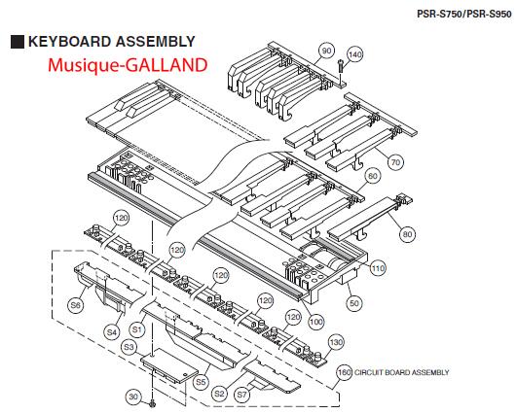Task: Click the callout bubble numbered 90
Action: pyautogui.click(x=326, y=51)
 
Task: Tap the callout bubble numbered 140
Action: pyautogui.click(x=355, y=54)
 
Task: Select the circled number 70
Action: pyautogui.click(x=395, y=162)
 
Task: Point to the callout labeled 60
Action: pyautogui.click(x=373, y=176)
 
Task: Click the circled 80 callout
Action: pyautogui.click(x=408, y=234)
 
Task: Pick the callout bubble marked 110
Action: pyautogui.click(x=378, y=268)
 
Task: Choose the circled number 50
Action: pyautogui.click(x=353, y=303)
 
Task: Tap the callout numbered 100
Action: pyautogui.click(x=316, y=322)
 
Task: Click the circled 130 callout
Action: pyautogui.click(x=336, y=342)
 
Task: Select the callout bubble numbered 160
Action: pyautogui.click(x=345, y=372)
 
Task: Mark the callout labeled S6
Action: pyautogui.click(x=76, y=305)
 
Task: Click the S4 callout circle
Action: pyautogui.click(x=112, y=332)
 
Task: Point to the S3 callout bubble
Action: pyautogui.click(x=129, y=347)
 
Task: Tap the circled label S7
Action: pyautogui.click(x=242, y=395)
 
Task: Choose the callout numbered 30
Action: pyautogui.click(x=133, y=397)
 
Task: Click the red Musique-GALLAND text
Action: pyautogui.click(x=128, y=65)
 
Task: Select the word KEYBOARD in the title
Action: pyautogui.click(x=69, y=42)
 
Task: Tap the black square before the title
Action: pyautogui.click(x=18, y=42)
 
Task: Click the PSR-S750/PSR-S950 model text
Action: pyautogui.click(x=464, y=14)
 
